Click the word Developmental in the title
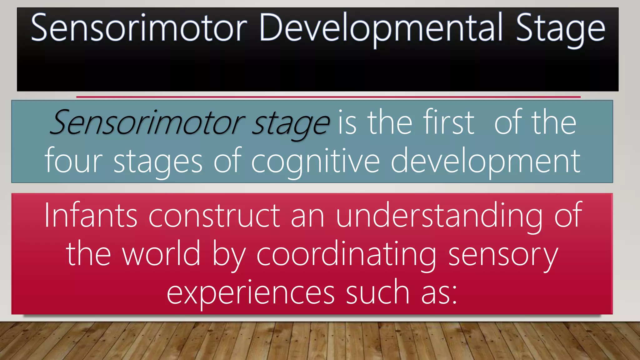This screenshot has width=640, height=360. (x=381, y=28)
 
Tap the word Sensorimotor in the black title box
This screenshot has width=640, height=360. (x=139, y=28)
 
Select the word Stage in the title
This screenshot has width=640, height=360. (x=560, y=29)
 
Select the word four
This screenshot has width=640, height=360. (x=74, y=161)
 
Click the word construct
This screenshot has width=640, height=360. (x=214, y=216)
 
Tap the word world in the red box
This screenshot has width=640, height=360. (x=161, y=254)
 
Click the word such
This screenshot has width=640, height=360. (x=378, y=292)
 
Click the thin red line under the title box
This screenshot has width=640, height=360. (x=328, y=97)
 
